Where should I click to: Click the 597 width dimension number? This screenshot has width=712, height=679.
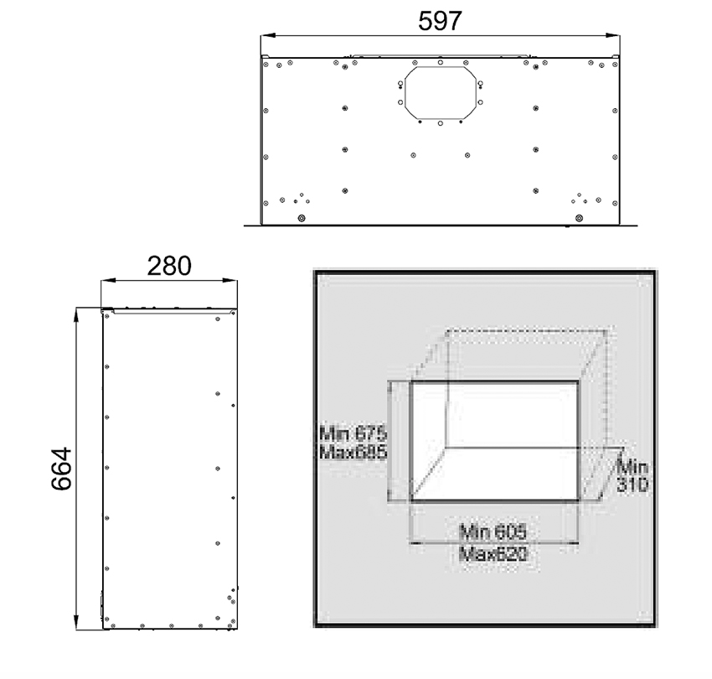tap(440, 21)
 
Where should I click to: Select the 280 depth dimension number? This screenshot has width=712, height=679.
tap(169, 266)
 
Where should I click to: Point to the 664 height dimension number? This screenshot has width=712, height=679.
tap(59, 469)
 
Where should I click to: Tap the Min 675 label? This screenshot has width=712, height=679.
tap(353, 434)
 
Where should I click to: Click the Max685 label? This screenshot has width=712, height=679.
tap(353, 451)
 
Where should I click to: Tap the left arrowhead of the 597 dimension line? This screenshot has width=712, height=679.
tap(264, 36)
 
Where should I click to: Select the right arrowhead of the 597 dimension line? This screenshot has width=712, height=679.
tap(616, 36)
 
